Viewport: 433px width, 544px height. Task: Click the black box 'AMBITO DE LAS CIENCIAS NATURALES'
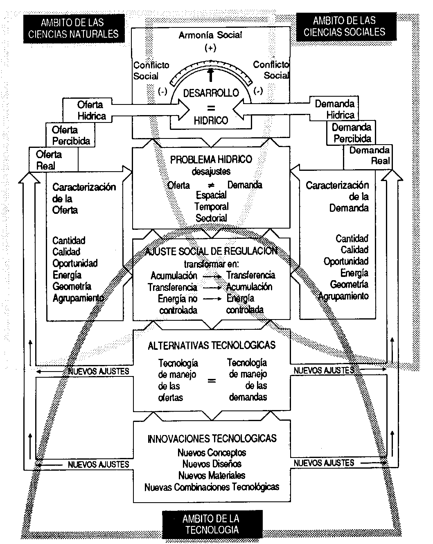tap(74, 28)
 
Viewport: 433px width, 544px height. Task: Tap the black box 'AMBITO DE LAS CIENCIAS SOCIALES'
tap(345, 26)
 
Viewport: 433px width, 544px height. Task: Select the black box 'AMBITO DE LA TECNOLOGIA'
tap(212, 524)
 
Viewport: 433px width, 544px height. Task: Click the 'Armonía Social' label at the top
tap(210, 35)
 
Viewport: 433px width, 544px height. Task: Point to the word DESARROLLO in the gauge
tap(211, 93)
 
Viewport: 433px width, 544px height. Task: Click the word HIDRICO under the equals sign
tap(211, 120)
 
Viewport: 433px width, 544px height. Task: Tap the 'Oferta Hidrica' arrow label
tap(91, 110)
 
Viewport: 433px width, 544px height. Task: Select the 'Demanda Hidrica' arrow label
tap(335, 109)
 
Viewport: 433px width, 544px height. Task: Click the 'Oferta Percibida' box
tap(70, 136)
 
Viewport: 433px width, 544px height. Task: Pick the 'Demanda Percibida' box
tap(352, 133)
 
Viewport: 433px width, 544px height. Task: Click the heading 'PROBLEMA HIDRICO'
tap(211, 159)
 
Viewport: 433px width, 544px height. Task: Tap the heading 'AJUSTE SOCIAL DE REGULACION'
tap(211, 251)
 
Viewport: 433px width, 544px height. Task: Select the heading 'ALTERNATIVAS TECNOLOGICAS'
tap(212, 345)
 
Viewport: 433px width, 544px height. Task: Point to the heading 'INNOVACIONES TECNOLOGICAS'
tap(212, 439)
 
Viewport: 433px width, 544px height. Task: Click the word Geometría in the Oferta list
tap(72, 286)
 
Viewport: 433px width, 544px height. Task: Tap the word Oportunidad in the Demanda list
tap(346, 261)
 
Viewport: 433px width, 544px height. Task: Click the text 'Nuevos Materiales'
tap(212, 476)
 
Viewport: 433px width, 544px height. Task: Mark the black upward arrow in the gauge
tap(211, 75)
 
